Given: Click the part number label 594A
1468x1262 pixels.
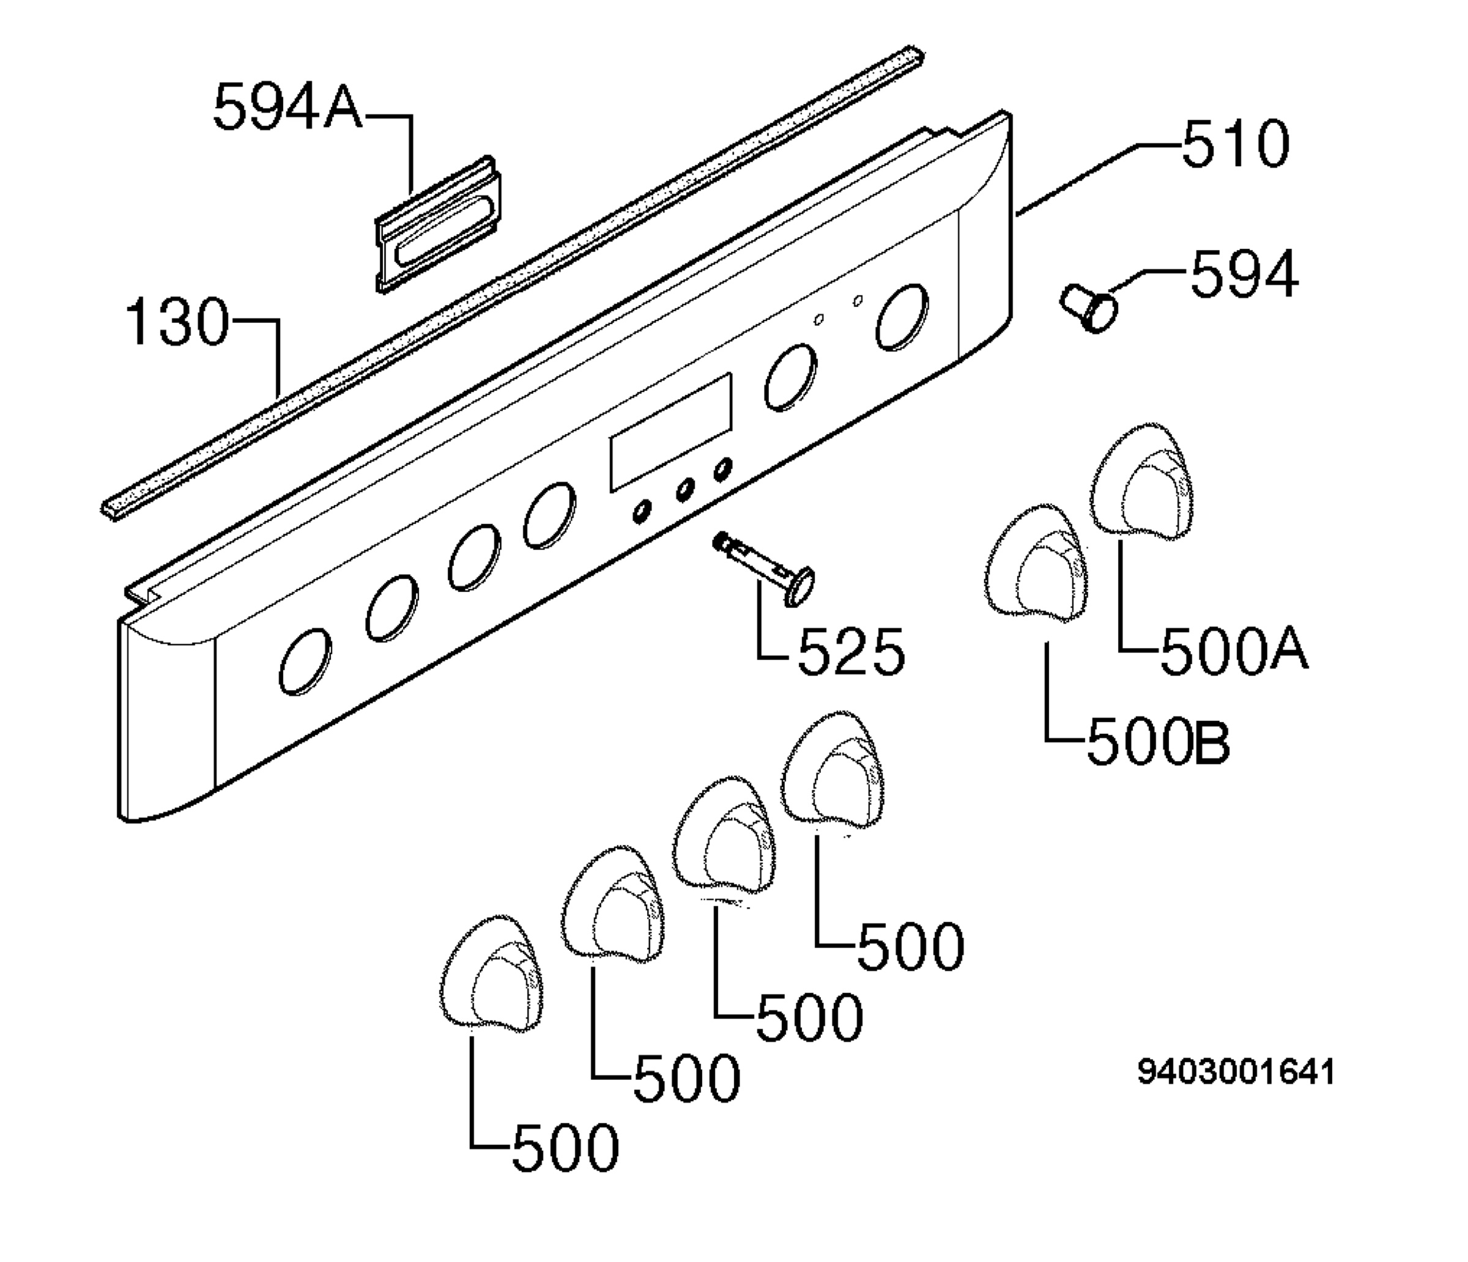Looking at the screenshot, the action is point(287,106).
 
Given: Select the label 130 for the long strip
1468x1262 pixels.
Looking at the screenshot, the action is point(177,322).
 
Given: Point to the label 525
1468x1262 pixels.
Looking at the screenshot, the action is point(851,652).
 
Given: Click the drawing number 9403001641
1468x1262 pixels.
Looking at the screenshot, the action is point(1236,1072).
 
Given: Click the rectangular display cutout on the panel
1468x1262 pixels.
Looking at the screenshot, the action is point(671,433).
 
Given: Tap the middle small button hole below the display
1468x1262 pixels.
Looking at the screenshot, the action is point(685,489).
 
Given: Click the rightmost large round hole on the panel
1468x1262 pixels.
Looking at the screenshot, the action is point(903,317).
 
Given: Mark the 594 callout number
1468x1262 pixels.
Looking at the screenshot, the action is point(1245,274).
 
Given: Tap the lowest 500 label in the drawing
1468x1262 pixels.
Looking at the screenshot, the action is point(565,1167).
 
